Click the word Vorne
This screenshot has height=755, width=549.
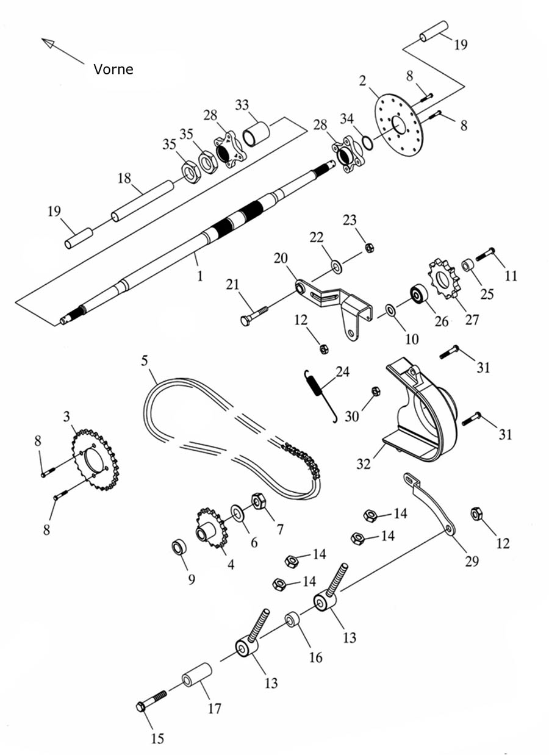[113, 69]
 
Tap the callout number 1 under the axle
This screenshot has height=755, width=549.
[199, 276]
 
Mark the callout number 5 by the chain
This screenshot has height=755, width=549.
[144, 360]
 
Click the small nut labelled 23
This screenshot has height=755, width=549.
[369, 247]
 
